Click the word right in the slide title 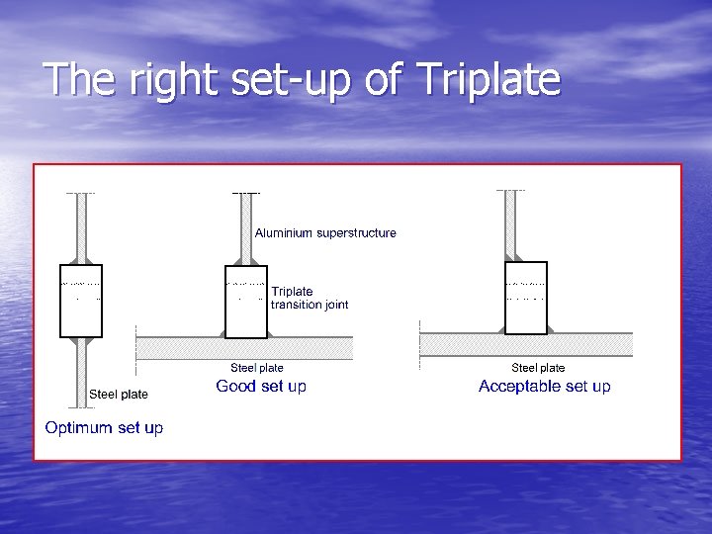(x=165, y=80)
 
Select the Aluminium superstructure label (x=325, y=233)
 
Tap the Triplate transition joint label (x=310, y=298)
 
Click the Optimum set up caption (x=104, y=427)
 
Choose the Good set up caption (x=261, y=386)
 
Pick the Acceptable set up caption (x=544, y=386)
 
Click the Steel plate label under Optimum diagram (x=119, y=394)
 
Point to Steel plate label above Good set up (x=257, y=368)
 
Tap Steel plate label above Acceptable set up (x=538, y=368)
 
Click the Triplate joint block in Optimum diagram (x=81, y=302)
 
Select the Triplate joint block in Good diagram (x=246, y=302)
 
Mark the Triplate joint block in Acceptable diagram (x=526, y=298)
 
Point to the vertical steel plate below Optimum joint (x=81, y=374)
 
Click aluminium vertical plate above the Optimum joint (x=81, y=227)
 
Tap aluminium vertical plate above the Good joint (x=246, y=227)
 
